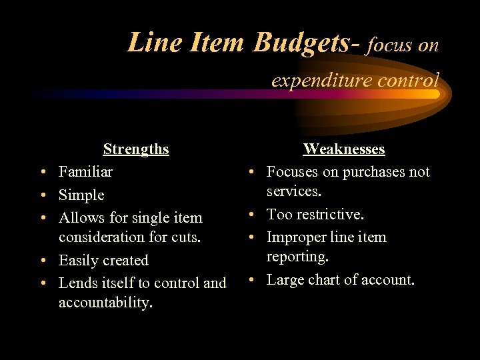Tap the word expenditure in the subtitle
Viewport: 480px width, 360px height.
click(311, 81)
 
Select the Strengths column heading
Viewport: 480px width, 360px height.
click(136, 149)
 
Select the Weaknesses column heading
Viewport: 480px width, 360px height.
click(344, 149)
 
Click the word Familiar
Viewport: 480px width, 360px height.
click(85, 172)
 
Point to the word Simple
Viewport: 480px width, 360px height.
click(81, 195)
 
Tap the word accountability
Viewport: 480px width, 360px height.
click(105, 303)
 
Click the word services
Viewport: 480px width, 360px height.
click(293, 191)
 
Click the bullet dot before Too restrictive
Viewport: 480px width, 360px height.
click(257, 215)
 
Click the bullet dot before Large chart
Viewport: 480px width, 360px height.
click(257, 280)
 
